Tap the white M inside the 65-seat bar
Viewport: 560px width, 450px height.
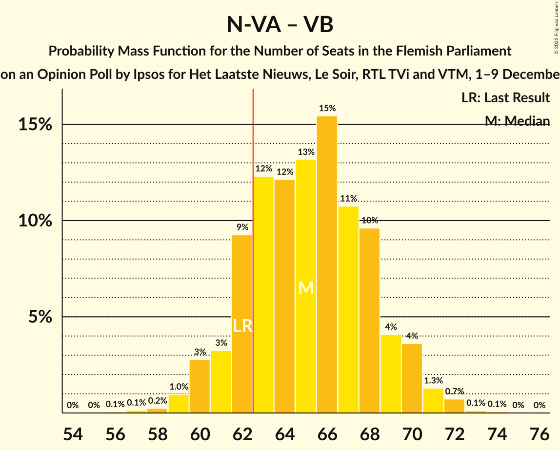306,288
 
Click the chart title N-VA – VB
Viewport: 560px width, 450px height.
280,24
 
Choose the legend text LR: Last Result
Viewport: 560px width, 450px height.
505,97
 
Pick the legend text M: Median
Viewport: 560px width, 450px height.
517,121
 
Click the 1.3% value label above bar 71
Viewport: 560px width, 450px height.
433,381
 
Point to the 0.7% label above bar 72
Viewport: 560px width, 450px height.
454,392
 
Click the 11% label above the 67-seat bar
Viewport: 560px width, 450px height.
348,198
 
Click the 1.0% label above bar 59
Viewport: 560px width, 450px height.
179,387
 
